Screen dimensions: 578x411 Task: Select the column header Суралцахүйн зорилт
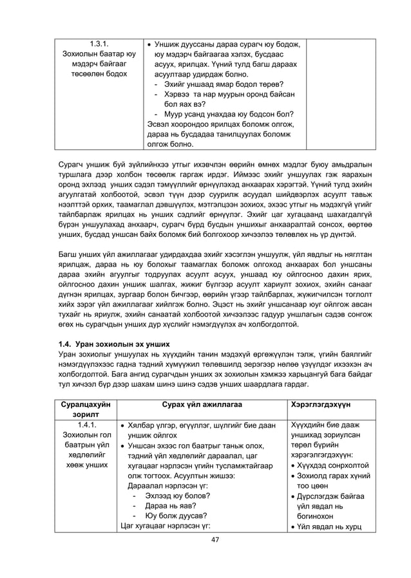click(86, 409)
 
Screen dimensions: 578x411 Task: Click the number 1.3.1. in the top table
click(99, 44)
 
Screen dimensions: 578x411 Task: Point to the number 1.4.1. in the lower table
click(86, 425)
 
